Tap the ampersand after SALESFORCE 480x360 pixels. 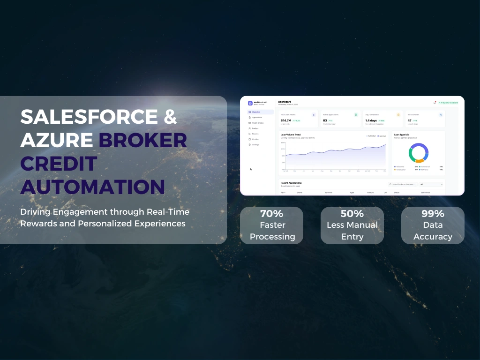pyautogui.click(x=170, y=117)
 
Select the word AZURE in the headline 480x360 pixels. pyautogui.click(x=56, y=140)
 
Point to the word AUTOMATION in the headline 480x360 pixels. pyautogui.click(x=92, y=186)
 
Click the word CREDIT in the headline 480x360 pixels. pyautogui.click(x=59, y=163)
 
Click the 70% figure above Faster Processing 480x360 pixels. pyautogui.click(x=272, y=214)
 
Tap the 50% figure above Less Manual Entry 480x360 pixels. pyautogui.click(x=352, y=214)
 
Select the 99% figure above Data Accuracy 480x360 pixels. pyautogui.click(x=433, y=214)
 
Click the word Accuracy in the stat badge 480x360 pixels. pyautogui.click(x=433, y=237)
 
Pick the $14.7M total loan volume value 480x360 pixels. pyautogui.click(x=285, y=120)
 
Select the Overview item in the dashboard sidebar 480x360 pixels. pyautogui.click(x=256, y=112)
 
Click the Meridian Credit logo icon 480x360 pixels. pyautogui.click(x=250, y=103)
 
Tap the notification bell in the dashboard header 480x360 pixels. pyautogui.click(x=435, y=103)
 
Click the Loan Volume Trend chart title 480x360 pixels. pyautogui.click(x=291, y=135)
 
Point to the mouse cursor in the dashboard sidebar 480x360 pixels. pyautogui.click(x=251, y=169)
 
